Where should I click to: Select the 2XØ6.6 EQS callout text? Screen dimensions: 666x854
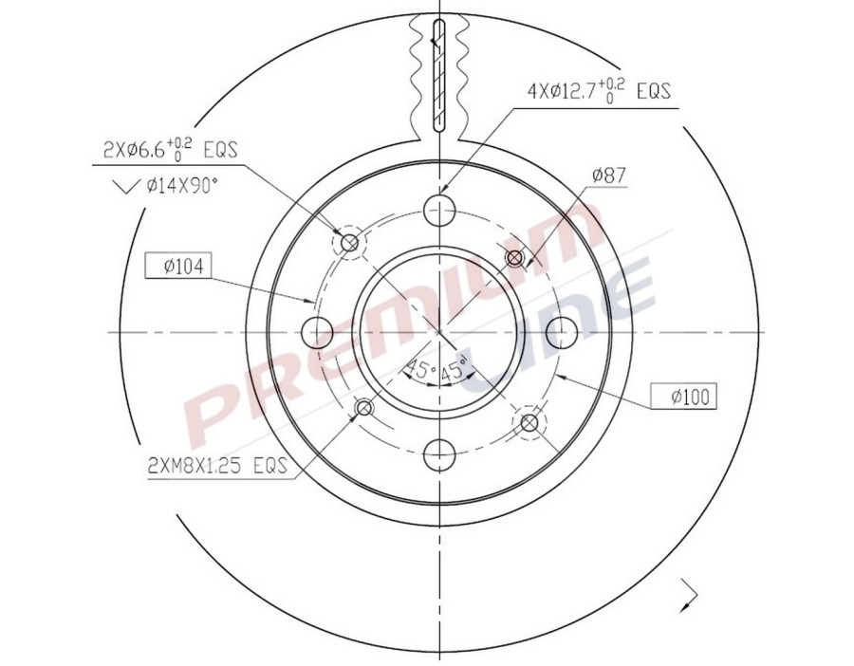pyautogui.click(x=170, y=148)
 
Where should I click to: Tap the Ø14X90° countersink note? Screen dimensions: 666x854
pyautogui.click(x=182, y=185)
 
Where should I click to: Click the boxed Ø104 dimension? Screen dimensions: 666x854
pyautogui.click(x=176, y=267)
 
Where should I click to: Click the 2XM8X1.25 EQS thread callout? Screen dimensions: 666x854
pyautogui.click(x=217, y=465)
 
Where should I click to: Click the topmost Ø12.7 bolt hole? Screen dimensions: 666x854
pyautogui.click(x=439, y=210)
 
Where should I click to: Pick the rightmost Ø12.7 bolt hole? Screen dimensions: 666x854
pyautogui.click(x=562, y=332)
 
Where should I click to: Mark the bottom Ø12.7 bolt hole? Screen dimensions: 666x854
pyautogui.click(x=439, y=453)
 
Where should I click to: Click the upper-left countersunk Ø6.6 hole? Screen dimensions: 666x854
pyautogui.click(x=349, y=244)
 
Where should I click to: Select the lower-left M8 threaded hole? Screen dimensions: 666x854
pyautogui.click(x=364, y=409)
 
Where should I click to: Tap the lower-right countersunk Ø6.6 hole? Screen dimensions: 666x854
pyautogui.click(x=529, y=422)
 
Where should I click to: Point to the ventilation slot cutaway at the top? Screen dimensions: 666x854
pyautogui.click(x=437, y=71)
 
